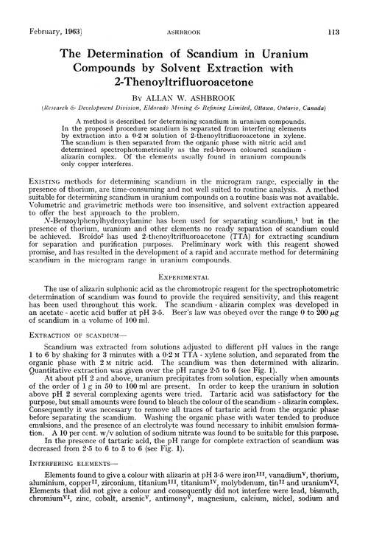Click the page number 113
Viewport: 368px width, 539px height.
(347, 10)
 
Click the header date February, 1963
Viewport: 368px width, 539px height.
(43, 10)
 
